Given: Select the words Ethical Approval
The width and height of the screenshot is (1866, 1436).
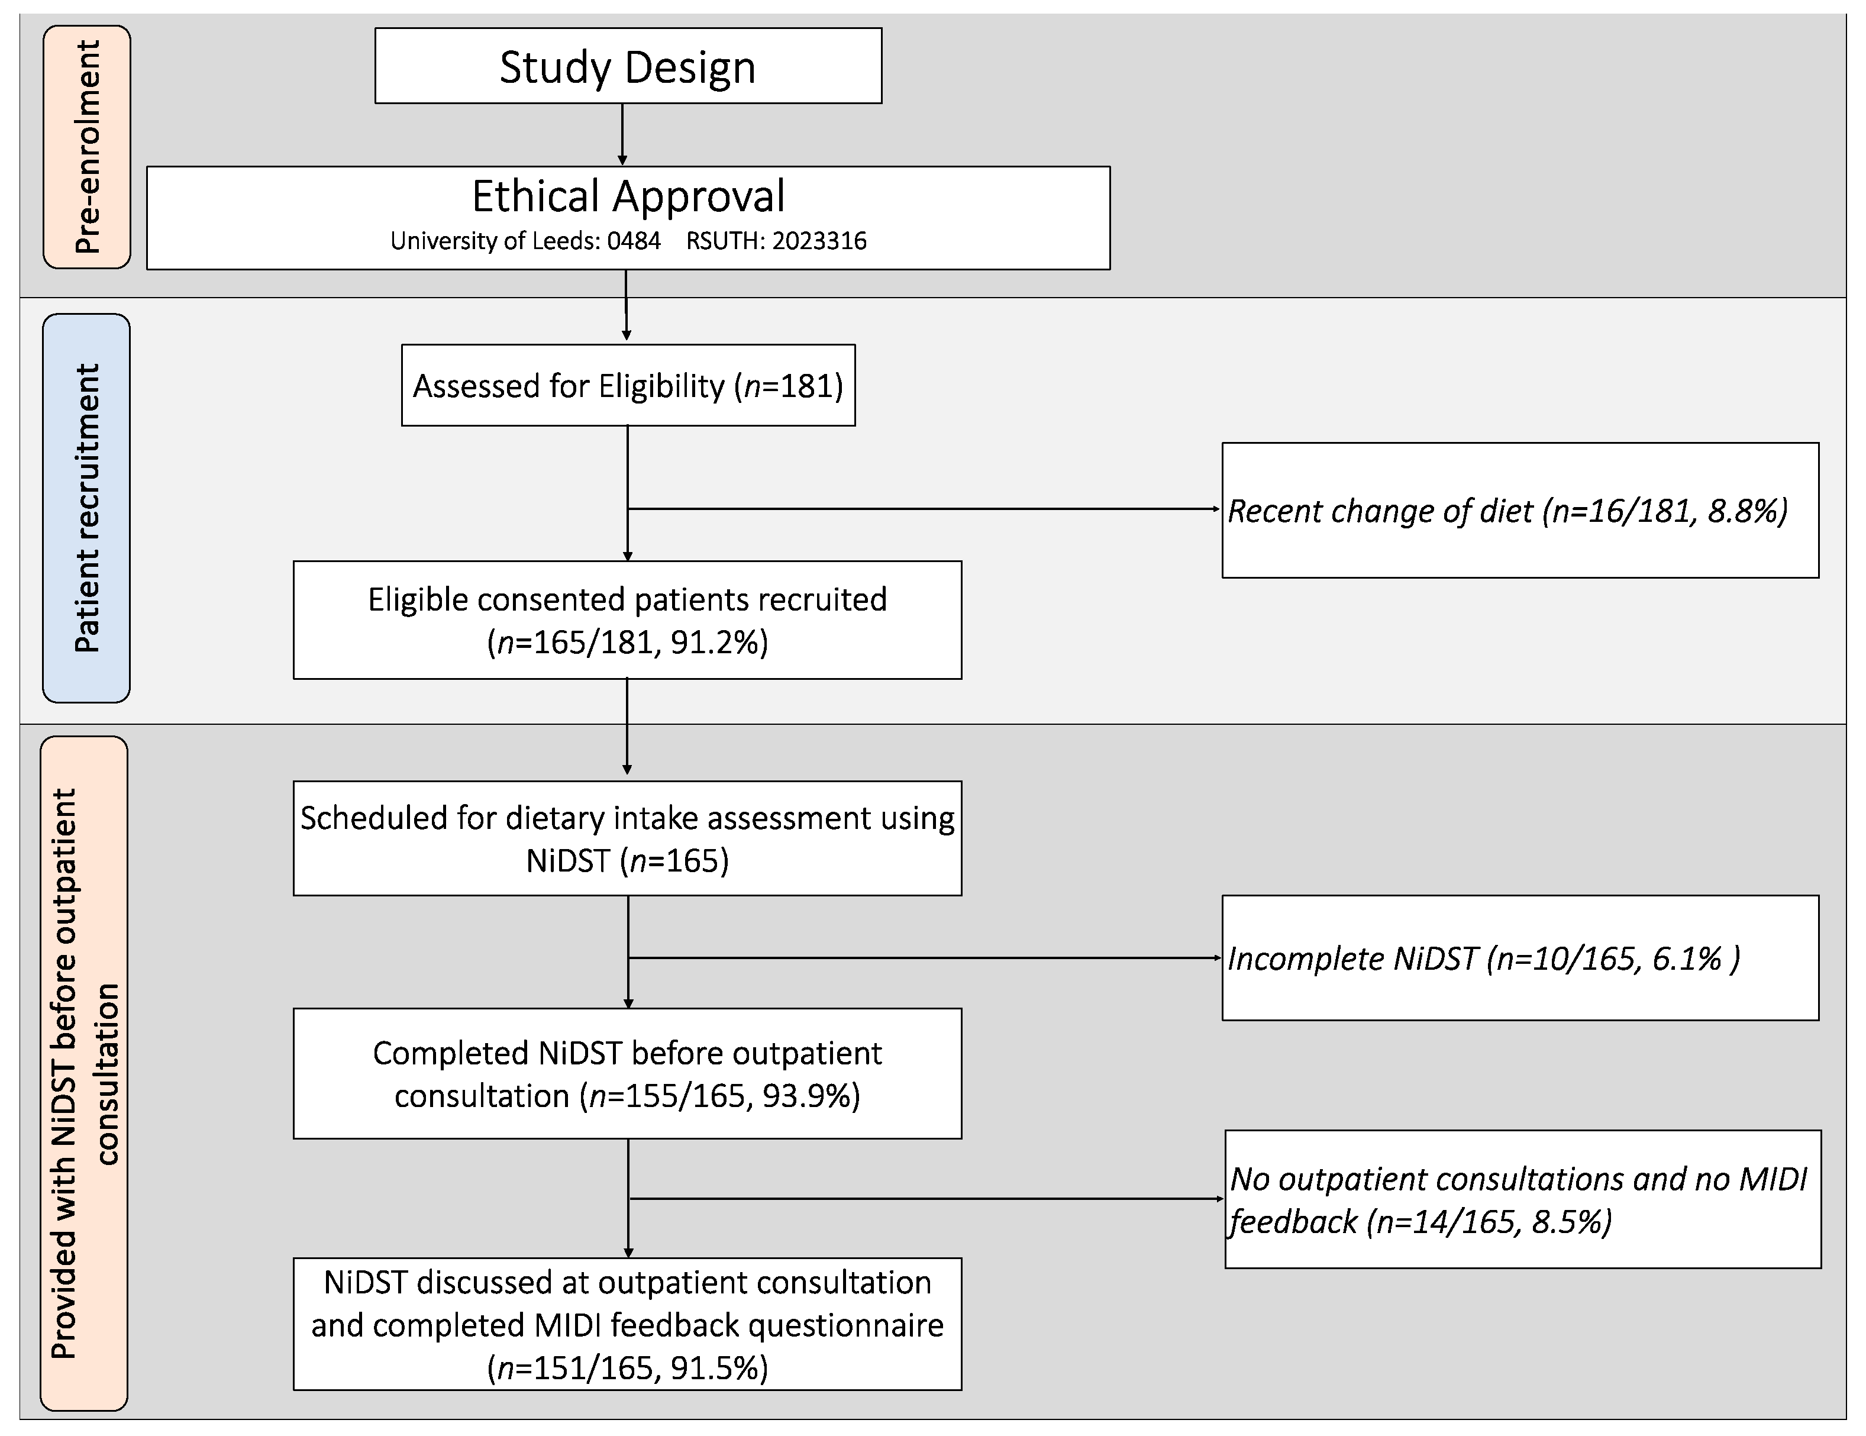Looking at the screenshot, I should [x=628, y=196].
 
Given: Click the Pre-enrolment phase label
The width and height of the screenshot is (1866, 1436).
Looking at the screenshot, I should [x=87, y=147].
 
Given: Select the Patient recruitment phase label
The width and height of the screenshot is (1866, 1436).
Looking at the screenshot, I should [x=86, y=508].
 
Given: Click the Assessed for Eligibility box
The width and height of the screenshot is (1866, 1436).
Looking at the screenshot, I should [x=628, y=385].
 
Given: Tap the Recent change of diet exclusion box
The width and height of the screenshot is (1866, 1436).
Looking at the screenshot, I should [x=1519, y=510].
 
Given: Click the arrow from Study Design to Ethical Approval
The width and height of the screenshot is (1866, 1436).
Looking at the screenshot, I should [x=622, y=134].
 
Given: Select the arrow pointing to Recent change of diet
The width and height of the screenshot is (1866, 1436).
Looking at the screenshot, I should [x=923, y=508].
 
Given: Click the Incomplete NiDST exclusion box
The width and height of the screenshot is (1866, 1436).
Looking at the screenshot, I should [x=1519, y=957].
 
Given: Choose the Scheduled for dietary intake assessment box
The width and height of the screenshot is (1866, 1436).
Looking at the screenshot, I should [x=627, y=838].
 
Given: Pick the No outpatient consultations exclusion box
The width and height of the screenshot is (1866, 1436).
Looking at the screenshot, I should [x=1522, y=1199].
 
